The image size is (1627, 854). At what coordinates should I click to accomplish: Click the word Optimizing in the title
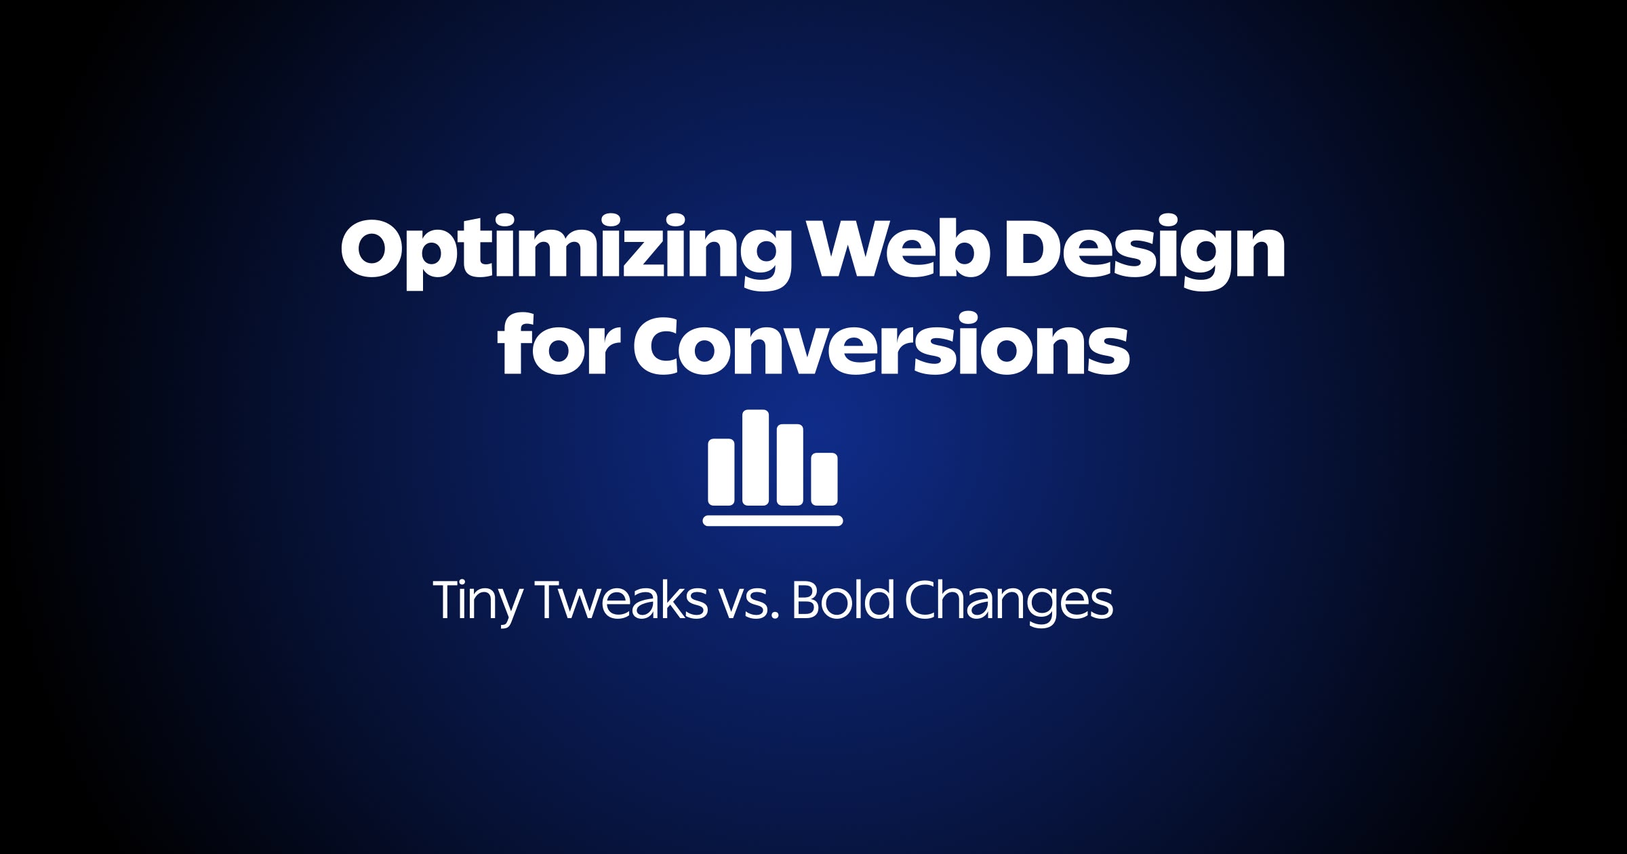(566, 249)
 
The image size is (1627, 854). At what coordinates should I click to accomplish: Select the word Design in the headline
(1144, 249)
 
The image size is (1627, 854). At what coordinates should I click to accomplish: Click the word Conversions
(881, 346)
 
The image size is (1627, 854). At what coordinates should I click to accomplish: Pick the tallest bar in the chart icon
(755, 457)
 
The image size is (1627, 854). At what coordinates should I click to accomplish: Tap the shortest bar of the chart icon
(824, 479)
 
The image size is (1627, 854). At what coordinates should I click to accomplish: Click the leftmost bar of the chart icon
(721, 472)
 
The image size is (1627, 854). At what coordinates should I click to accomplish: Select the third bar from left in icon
(790, 465)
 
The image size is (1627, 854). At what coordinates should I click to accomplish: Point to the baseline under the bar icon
(773, 521)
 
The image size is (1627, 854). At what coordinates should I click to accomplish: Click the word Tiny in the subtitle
(477, 601)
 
